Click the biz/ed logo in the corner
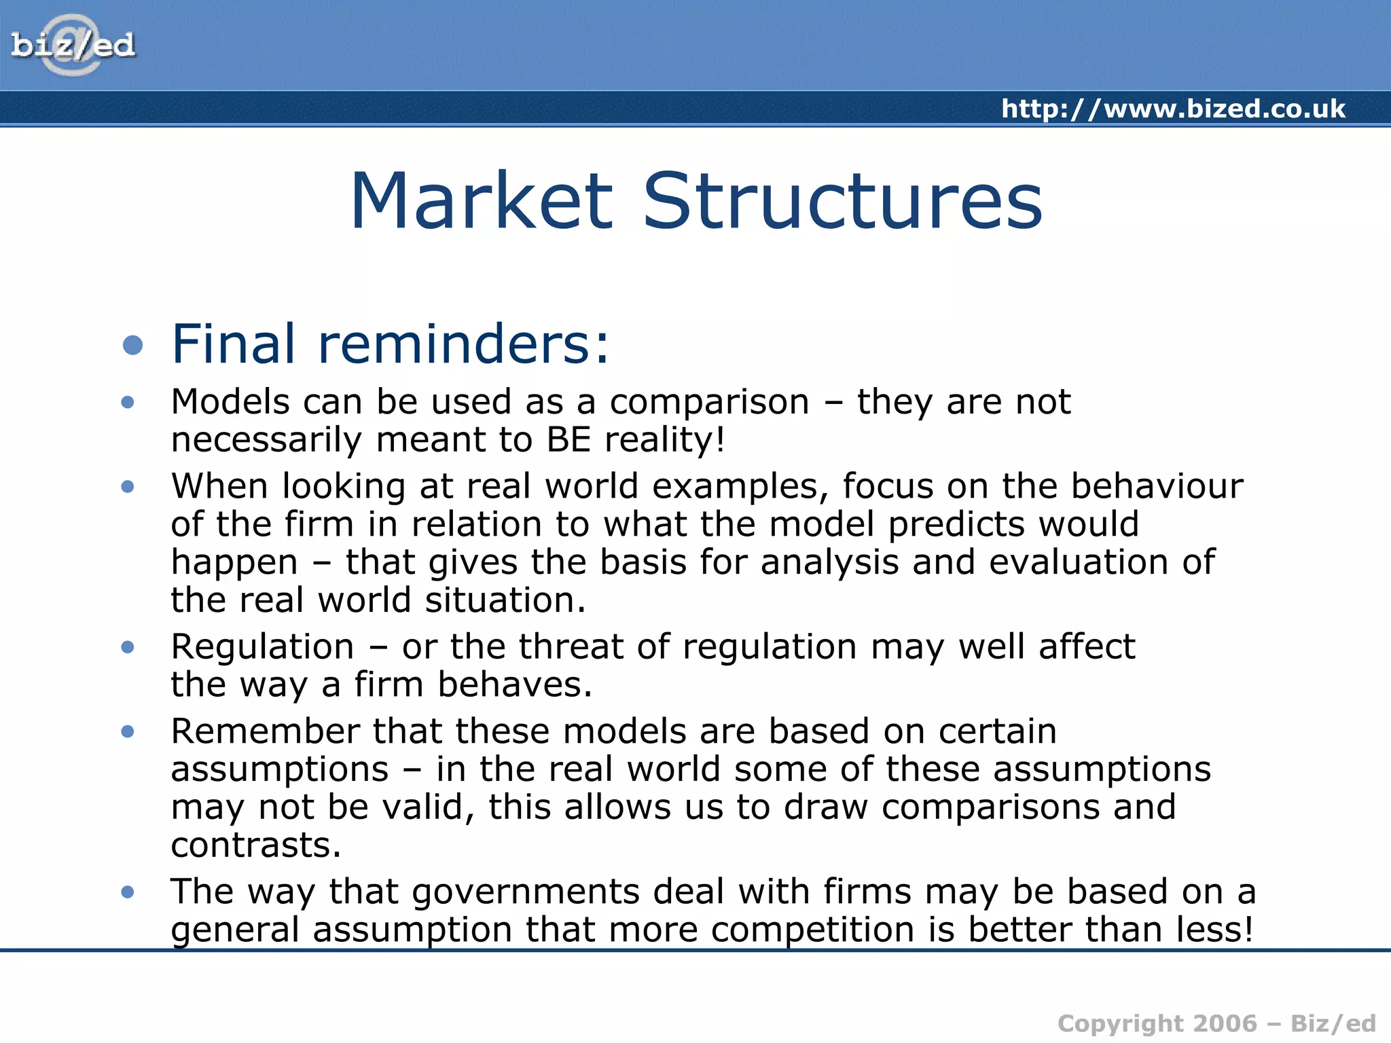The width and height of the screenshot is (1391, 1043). (73, 45)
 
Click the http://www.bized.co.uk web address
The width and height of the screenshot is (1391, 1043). (1173, 109)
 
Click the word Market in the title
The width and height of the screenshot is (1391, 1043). (481, 202)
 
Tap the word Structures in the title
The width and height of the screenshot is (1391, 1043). (842, 202)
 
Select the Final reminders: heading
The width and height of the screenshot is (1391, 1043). (391, 344)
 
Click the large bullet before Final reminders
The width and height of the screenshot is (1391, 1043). (133, 345)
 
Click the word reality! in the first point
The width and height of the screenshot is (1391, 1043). (665, 439)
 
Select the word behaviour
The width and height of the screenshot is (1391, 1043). (1157, 486)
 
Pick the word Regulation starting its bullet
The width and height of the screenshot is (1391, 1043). (262, 646)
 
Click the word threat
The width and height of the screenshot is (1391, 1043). (571, 646)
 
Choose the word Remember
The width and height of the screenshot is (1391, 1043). (265, 731)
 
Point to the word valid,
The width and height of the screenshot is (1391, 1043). (428, 807)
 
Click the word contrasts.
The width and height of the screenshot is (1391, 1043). (255, 845)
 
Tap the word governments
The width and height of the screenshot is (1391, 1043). (526, 892)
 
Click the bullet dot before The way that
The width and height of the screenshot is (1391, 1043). (128, 892)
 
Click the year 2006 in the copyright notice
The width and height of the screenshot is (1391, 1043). (1225, 1023)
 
